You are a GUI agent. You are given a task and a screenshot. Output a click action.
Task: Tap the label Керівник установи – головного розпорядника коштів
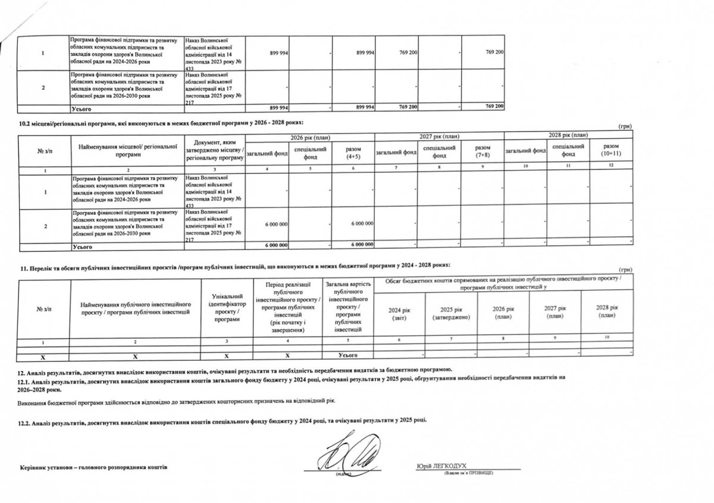(94, 467)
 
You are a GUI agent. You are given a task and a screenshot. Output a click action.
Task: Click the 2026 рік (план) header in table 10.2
(309, 138)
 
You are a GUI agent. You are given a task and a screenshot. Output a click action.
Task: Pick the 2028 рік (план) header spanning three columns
(568, 135)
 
